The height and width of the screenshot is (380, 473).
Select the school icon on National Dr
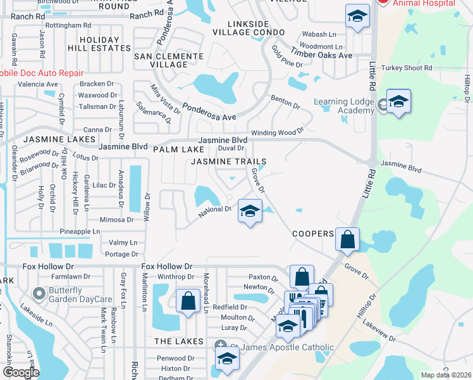click(250, 211)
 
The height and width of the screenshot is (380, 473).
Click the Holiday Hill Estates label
click(99, 44)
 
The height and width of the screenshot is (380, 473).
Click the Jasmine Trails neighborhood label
click(229, 162)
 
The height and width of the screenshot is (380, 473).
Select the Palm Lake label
click(179, 149)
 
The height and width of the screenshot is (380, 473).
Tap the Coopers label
click(312, 234)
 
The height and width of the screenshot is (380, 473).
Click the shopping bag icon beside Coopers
click(347, 240)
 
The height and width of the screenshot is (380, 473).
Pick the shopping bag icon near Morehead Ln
click(188, 301)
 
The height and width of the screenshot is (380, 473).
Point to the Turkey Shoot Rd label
click(410, 68)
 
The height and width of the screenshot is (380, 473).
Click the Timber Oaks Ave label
click(320, 56)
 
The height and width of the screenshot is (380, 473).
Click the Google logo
click(21, 372)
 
